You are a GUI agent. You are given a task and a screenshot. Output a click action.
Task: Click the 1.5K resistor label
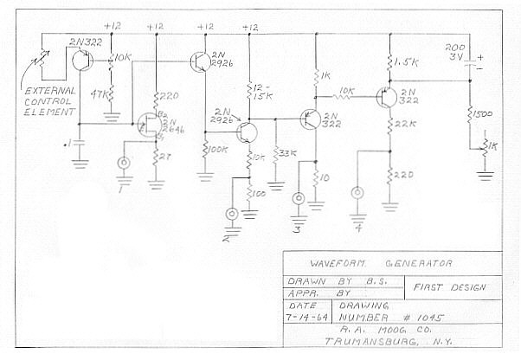[405, 62]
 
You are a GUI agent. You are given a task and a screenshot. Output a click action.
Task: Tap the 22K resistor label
[405, 125]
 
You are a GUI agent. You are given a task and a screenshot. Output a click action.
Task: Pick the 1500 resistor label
[482, 112]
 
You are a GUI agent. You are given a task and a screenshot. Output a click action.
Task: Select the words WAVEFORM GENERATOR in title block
[382, 263]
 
